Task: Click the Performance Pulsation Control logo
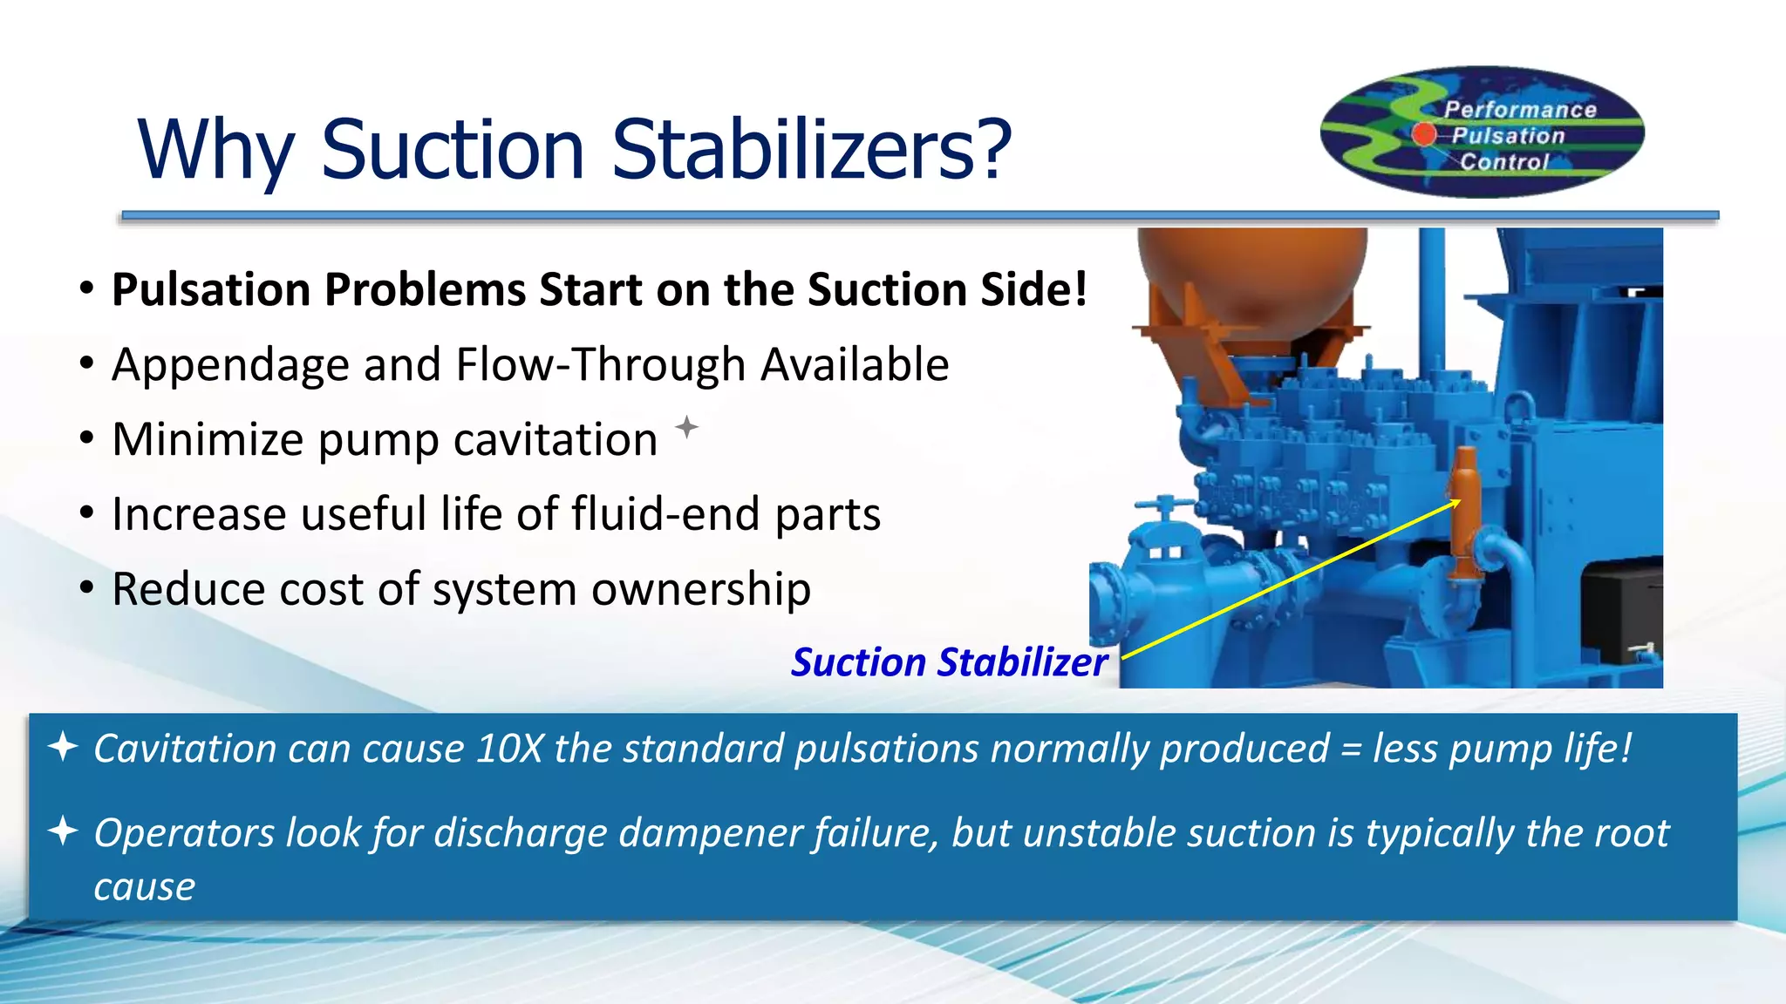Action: tap(1482, 132)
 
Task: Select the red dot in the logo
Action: tap(1424, 134)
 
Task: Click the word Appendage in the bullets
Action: tap(230, 365)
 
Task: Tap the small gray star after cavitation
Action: tap(687, 427)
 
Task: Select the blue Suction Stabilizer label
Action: tap(949, 662)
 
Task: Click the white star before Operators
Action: tap(63, 831)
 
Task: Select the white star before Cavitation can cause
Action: tap(63, 748)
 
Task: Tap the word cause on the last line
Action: tap(144, 887)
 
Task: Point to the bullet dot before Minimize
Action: tap(86, 438)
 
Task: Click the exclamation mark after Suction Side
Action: tap(1080, 289)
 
